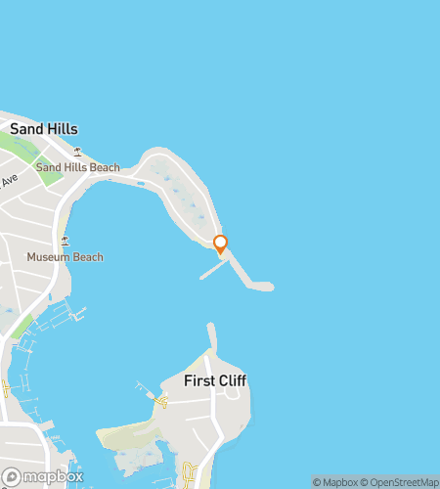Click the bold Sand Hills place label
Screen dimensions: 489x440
click(x=43, y=129)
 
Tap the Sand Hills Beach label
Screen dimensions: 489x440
click(x=77, y=168)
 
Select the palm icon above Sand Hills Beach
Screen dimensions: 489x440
click(x=77, y=151)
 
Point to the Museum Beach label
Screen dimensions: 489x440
click(x=65, y=257)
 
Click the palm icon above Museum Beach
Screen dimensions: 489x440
click(x=65, y=240)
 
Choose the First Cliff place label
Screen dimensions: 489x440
click(x=214, y=379)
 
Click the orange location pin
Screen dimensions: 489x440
click(x=220, y=244)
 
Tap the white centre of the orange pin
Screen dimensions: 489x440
click(x=220, y=243)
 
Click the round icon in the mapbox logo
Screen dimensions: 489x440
click(x=12, y=476)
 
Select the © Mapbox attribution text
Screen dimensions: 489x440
click(x=334, y=482)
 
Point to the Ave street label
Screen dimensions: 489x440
click(x=10, y=182)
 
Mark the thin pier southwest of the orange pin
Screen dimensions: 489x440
click(x=213, y=269)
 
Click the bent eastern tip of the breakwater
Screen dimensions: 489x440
click(x=262, y=287)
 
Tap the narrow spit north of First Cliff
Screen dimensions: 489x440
click(x=211, y=337)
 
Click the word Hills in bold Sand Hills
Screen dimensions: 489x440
click(x=60, y=129)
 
